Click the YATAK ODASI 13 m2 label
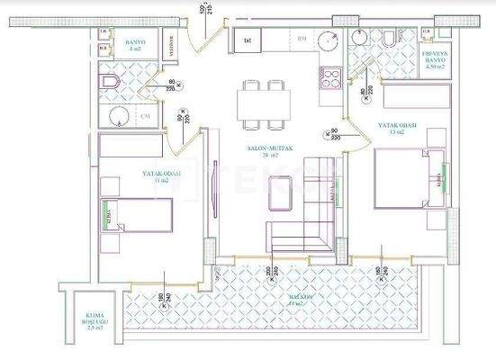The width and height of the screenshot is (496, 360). [x=395, y=129]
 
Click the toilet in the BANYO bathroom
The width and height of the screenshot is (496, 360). [x=110, y=83]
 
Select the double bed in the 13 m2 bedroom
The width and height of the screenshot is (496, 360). [x=405, y=176]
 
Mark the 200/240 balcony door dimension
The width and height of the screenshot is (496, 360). [x=269, y=275]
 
